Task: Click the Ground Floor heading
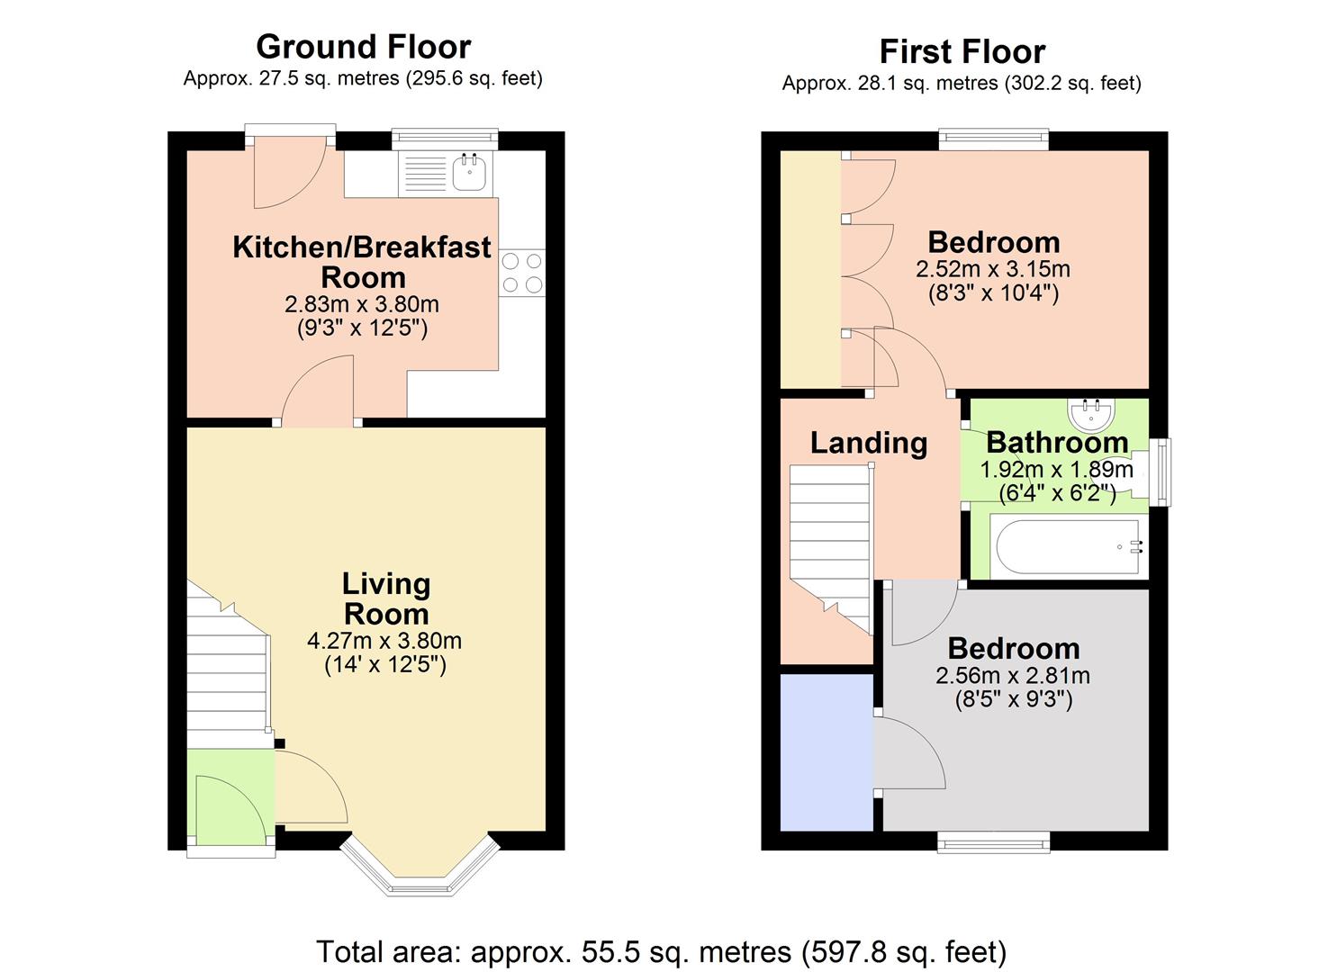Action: point(363,47)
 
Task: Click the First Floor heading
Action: point(962,51)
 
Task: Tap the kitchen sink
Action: point(469,173)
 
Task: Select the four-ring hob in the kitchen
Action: point(522,273)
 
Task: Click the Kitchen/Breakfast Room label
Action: point(362,261)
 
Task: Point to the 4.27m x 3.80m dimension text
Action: point(384,641)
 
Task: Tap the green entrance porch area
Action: point(230,796)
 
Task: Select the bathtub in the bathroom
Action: point(1065,546)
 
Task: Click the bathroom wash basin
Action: point(1093,413)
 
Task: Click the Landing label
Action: point(868,443)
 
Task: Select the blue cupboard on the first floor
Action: point(826,751)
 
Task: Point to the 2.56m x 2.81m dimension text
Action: point(1013,676)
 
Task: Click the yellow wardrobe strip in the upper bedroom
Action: point(810,270)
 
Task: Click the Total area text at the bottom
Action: point(661,951)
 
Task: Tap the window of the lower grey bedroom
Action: point(993,842)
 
